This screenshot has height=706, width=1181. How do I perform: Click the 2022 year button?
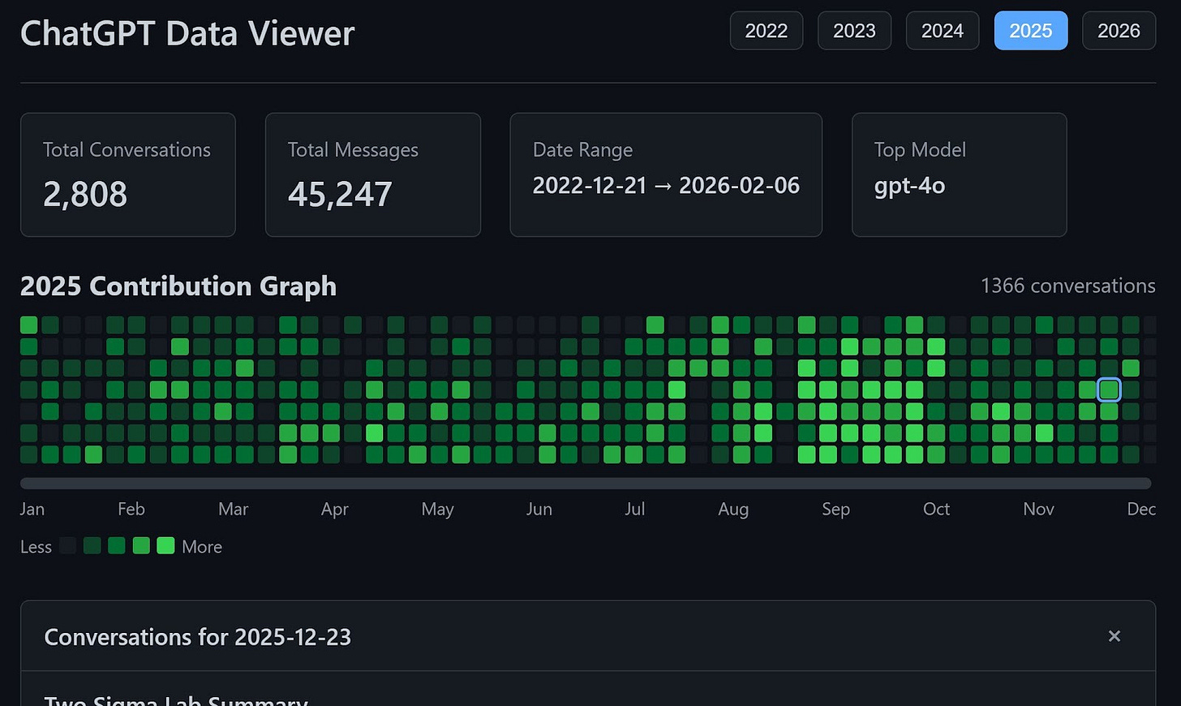pyautogui.click(x=766, y=31)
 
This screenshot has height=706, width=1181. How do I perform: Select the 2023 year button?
pyautogui.click(x=854, y=31)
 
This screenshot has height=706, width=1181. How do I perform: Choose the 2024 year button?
pyautogui.click(x=943, y=31)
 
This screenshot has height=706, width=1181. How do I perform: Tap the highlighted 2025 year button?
pyautogui.click(x=1031, y=31)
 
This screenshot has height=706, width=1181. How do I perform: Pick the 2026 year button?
pyautogui.click(x=1119, y=31)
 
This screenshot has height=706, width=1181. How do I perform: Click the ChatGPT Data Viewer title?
pyautogui.click(x=187, y=34)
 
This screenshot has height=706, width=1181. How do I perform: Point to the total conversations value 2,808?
pyautogui.click(x=85, y=194)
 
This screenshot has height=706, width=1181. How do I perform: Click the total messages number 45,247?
pyautogui.click(x=340, y=194)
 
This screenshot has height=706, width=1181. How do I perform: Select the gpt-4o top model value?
pyautogui.click(x=909, y=186)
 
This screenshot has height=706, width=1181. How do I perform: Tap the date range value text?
pyautogui.click(x=666, y=186)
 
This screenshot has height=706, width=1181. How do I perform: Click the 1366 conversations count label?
pyautogui.click(x=1067, y=286)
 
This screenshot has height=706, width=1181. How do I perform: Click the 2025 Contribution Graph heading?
pyautogui.click(x=178, y=286)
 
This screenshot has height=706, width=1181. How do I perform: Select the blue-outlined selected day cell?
pyautogui.click(x=1109, y=390)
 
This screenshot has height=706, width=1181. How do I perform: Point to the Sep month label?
pyautogui.click(x=835, y=509)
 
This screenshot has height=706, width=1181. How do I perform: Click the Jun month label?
pyautogui.click(x=539, y=509)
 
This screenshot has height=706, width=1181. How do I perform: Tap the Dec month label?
pyautogui.click(x=1141, y=509)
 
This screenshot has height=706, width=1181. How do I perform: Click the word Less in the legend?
pyautogui.click(x=36, y=547)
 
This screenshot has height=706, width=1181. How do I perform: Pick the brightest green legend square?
pyautogui.click(x=165, y=545)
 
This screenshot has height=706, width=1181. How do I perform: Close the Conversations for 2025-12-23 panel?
pyautogui.click(x=1114, y=636)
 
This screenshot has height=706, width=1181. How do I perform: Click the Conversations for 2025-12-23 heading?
pyautogui.click(x=198, y=637)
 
